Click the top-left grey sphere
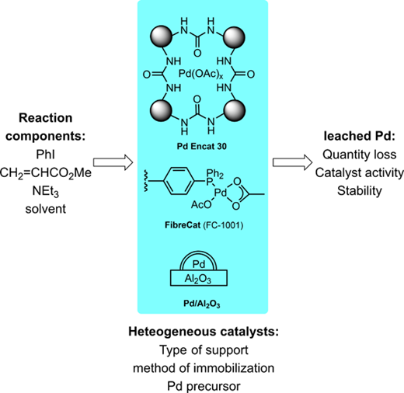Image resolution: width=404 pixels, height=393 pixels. click(x=161, y=37)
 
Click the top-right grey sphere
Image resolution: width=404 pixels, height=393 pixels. click(x=235, y=37)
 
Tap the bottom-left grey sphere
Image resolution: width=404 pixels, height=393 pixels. click(x=161, y=111)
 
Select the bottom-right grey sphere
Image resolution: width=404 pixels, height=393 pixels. click(x=235, y=111)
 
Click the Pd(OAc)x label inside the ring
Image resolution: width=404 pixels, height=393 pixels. click(x=200, y=75)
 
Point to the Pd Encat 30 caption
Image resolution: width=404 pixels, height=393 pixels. click(x=202, y=147)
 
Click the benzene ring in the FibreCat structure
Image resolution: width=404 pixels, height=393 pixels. click(x=179, y=181)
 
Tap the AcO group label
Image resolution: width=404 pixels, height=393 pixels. click(x=201, y=205)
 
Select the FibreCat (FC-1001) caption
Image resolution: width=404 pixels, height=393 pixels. click(x=204, y=225)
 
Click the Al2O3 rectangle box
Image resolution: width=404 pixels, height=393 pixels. click(x=199, y=278)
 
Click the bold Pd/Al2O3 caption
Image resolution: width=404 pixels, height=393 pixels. click(x=202, y=304)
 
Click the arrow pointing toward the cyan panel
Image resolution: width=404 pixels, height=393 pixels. click(x=113, y=162)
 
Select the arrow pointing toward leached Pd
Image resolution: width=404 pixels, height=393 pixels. click(x=292, y=162)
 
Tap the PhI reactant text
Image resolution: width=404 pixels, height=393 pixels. click(x=45, y=155)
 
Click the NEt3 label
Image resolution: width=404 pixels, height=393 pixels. click(x=45, y=191)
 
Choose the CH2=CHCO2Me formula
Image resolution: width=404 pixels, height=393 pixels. click(x=46, y=173)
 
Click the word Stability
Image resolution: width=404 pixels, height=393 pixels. click(x=360, y=191)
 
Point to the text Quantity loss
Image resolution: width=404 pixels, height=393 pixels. click(x=360, y=155)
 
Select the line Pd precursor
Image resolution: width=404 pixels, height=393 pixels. click(x=204, y=386)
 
